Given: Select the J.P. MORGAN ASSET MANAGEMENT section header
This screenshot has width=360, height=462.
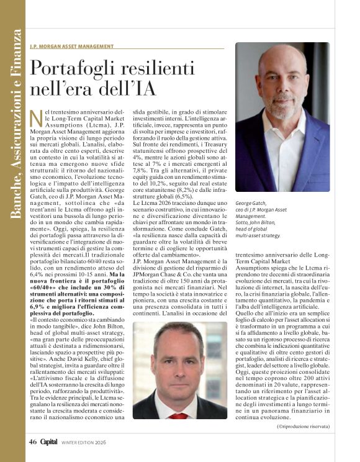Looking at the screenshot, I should (x=71, y=46).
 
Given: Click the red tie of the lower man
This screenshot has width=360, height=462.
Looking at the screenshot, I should (x=179, y=415).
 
